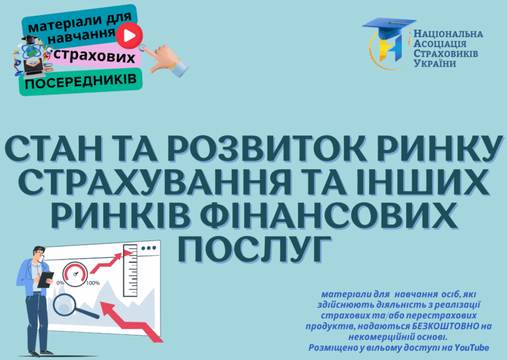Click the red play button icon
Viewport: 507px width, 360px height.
click(x=129, y=36)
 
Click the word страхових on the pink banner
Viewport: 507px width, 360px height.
click(x=94, y=55)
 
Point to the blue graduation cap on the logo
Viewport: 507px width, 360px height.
click(x=389, y=27)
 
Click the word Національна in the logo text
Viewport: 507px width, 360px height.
click(x=448, y=34)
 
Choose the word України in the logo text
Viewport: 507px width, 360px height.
click(x=435, y=63)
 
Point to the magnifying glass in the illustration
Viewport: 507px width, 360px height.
click(x=73, y=306)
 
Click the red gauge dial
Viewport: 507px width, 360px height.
click(x=75, y=274)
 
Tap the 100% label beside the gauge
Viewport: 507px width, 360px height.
click(x=93, y=283)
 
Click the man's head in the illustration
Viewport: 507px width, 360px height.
click(x=39, y=253)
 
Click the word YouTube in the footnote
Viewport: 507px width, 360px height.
click(x=472, y=347)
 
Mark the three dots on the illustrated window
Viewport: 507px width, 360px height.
click(x=149, y=248)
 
